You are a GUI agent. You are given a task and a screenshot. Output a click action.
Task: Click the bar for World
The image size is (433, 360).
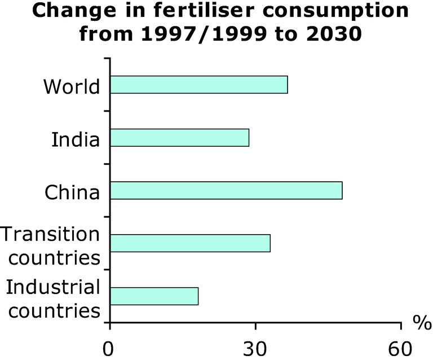click(x=198, y=85)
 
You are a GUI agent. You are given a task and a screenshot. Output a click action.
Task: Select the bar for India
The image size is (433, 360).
click(x=179, y=138)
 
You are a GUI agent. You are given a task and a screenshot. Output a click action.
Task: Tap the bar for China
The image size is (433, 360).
click(x=226, y=191)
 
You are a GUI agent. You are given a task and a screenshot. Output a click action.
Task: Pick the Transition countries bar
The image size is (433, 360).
click(x=190, y=243)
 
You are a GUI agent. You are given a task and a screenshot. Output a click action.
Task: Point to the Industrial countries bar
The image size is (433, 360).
click(x=154, y=296)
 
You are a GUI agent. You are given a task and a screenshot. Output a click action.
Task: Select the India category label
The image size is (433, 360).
click(x=76, y=139)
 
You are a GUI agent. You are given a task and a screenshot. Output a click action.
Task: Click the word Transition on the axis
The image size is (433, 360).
click(x=51, y=234)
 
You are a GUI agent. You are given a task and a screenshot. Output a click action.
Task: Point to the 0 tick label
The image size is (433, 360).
click(x=109, y=347)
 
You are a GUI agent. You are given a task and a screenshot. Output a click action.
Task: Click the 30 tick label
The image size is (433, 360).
click(x=255, y=347)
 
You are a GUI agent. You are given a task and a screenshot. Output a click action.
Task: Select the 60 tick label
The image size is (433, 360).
click(x=401, y=347)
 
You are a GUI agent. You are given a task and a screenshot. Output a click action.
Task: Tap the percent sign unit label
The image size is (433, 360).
click(x=421, y=322)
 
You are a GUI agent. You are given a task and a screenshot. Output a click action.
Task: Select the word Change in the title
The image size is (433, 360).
click(x=63, y=11)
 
